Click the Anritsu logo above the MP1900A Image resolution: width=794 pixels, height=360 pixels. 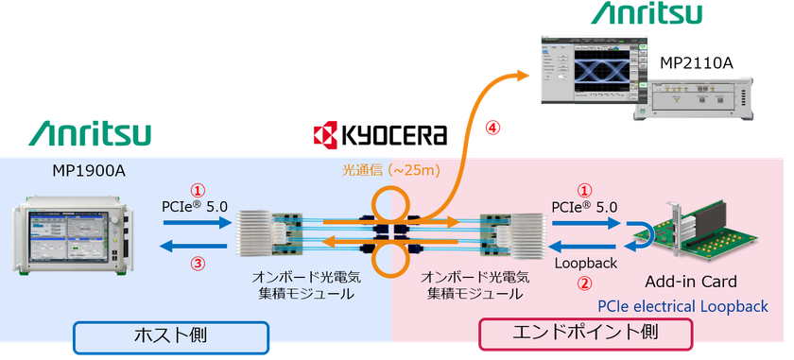pyautogui.click(x=90, y=132)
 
